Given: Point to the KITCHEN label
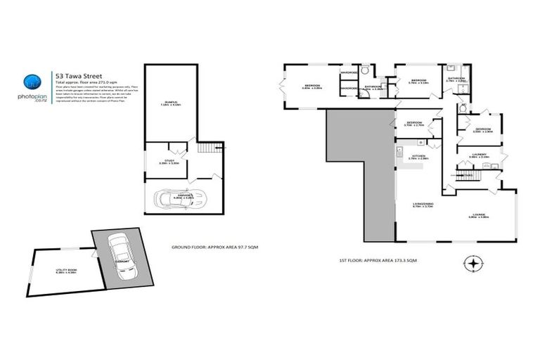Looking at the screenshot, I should pos(418,156).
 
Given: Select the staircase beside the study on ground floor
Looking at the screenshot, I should pos(205,148).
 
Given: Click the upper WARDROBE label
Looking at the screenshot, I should pos(349,72).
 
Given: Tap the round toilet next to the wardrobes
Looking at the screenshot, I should pos(364,72).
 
